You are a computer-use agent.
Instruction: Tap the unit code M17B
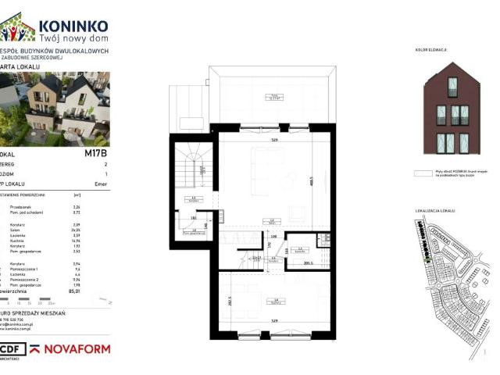click(x=95, y=154)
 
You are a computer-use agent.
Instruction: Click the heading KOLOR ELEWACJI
click(x=432, y=49)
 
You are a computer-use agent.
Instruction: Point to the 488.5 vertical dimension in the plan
click(x=310, y=182)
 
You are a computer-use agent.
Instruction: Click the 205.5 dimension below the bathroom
click(x=308, y=264)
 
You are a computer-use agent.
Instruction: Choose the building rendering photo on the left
click(x=55, y=105)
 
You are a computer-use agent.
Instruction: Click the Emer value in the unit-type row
click(x=100, y=185)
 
